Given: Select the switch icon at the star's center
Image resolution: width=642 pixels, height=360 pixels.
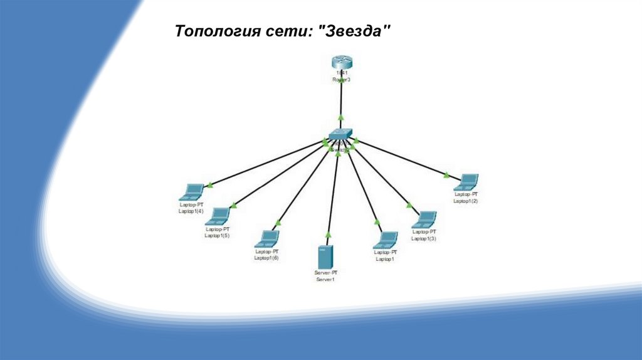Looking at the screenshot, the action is [340, 135].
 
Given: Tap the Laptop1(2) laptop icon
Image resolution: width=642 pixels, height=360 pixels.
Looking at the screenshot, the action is [466, 183].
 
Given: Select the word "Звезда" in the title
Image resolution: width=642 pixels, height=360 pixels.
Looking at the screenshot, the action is [355, 31].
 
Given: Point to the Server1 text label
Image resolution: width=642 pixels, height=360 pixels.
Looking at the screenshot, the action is [325, 280].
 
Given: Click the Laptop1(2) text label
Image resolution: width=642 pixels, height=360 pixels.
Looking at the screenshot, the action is [466, 201].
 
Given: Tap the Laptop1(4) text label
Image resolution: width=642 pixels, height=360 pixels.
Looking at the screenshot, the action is [191, 211].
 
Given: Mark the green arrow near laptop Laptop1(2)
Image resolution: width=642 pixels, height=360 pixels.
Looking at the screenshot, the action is [446, 175].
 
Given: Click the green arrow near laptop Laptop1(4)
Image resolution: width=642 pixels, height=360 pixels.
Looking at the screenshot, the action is [211, 184].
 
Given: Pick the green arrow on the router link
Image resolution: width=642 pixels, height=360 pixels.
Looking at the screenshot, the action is [340, 117].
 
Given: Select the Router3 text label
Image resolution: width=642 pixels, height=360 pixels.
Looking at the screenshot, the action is [340, 80].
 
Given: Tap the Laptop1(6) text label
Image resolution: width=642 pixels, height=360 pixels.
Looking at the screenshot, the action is [266, 258].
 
